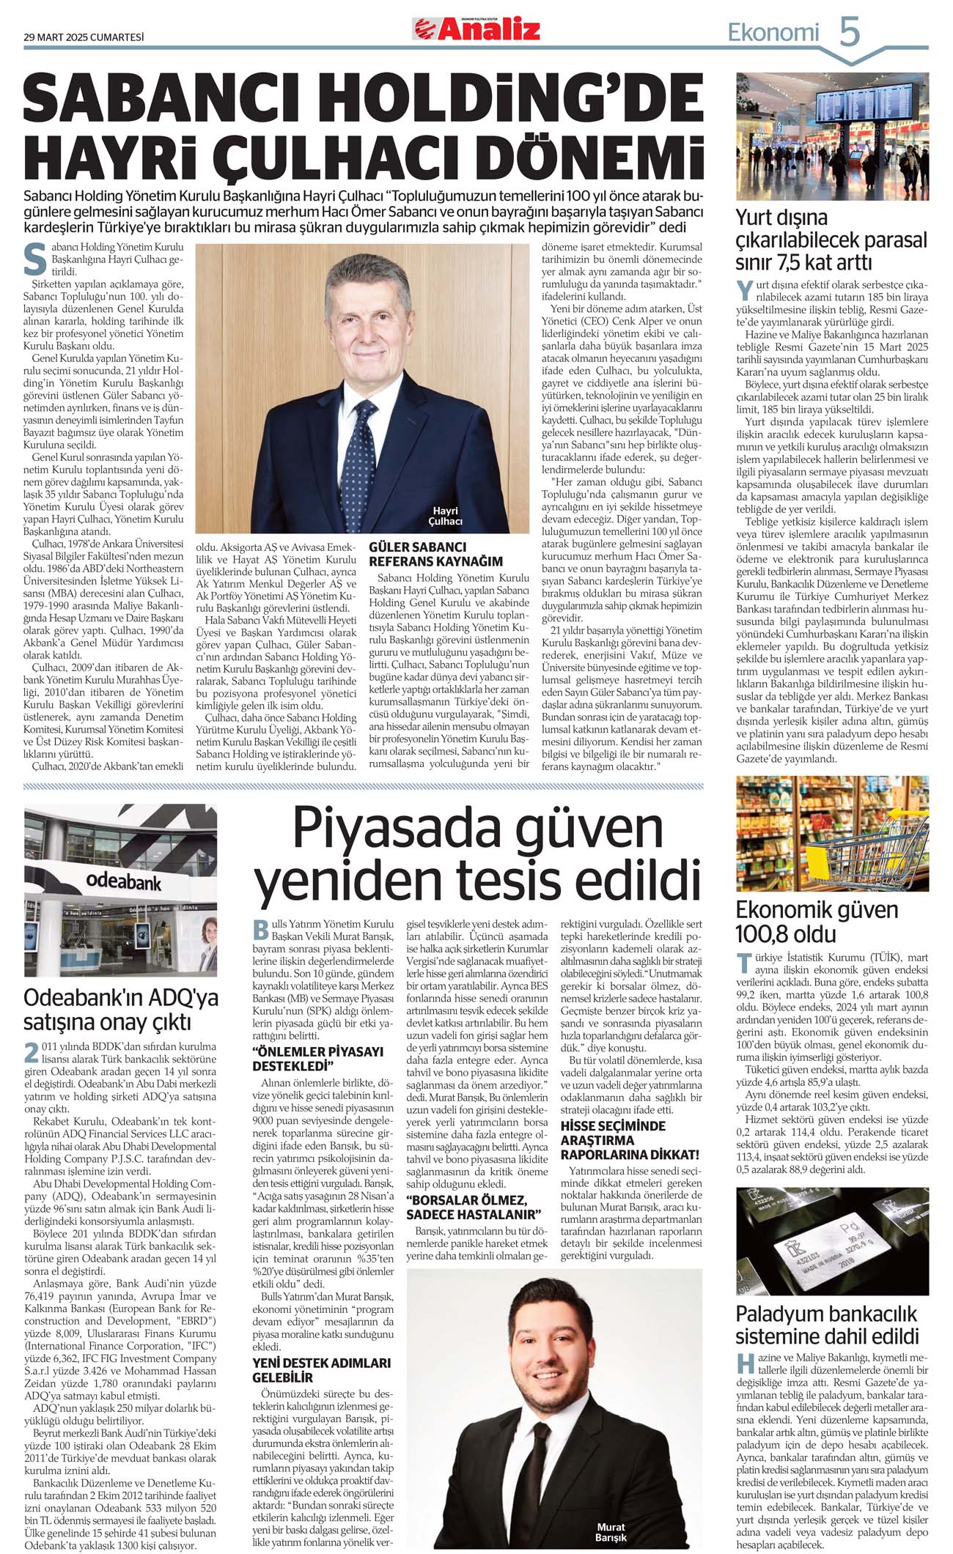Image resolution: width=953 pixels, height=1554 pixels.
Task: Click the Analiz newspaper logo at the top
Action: (476, 29)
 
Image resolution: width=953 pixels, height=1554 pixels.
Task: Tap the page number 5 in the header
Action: (849, 33)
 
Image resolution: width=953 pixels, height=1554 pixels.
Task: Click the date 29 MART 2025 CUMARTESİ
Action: (84, 37)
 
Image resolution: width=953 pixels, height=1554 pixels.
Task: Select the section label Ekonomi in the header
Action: (773, 33)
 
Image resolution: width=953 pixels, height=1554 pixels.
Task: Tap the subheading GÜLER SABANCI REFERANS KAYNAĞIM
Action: (435, 554)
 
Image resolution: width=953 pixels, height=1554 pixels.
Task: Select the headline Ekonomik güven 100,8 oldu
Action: (817, 922)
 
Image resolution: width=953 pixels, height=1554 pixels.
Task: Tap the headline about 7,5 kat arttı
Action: (831, 240)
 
